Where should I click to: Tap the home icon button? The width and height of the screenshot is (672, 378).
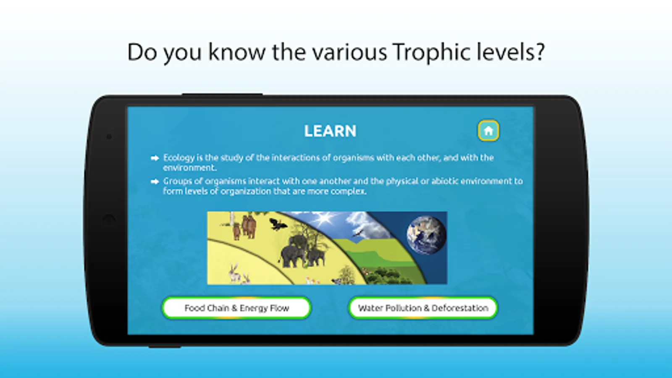(x=488, y=131)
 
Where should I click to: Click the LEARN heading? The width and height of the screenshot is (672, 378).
(x=330, y=131)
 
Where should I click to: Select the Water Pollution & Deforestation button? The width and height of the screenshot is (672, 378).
(x=423, y=308)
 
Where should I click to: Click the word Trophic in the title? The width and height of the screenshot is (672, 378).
(x=432, y=52)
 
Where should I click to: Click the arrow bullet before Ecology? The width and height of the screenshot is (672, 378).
(x=155, y=158)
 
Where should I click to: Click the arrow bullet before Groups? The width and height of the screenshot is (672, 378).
(x=155, y=181)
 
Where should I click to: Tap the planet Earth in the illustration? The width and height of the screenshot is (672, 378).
(x=426, y=235)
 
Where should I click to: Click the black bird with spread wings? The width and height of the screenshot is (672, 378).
(x=278, y=224)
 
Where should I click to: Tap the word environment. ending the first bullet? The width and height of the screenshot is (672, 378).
(x=189, y=168)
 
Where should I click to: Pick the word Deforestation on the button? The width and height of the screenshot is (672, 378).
(x=460, y=308)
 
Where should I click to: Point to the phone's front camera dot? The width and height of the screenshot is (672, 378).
(x=109, y=137)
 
